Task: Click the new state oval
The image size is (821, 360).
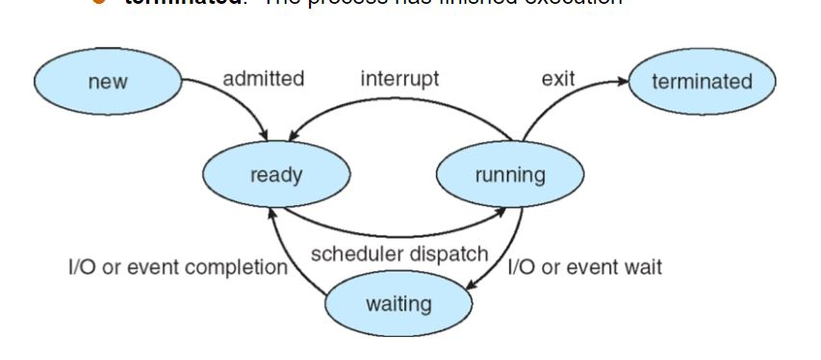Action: (x=107, y=81)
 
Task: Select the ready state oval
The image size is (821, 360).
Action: (x=276, y=174)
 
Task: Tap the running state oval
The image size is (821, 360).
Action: (x=510, y=174)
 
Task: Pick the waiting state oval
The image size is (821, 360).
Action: (x=398, y=304)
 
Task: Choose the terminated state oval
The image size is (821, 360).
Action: (x=702, y=81)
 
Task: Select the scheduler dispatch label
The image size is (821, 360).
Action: (x=399, y=254)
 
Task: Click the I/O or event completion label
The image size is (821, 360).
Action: (x=177, y=267)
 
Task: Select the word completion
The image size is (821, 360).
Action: (x=243, y=267)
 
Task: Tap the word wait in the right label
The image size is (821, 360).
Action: (x=643, y=267)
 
